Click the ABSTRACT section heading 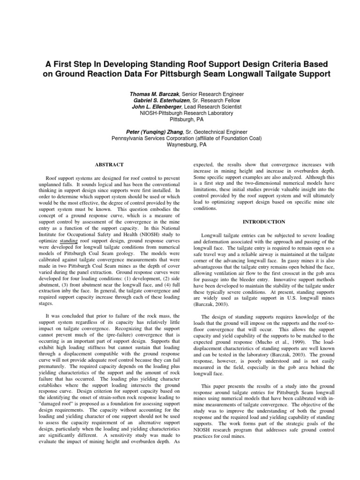(109, 165)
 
